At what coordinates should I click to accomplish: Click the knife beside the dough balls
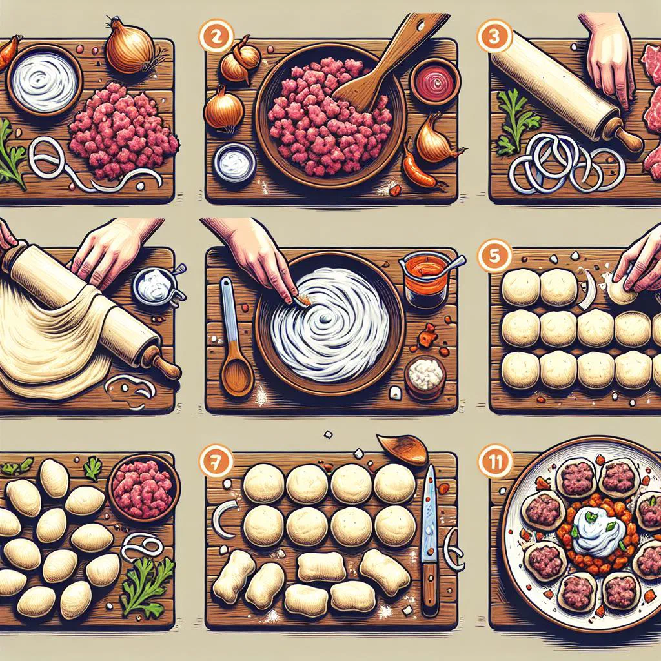[x=429, y=538]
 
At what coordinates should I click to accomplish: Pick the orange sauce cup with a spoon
[x=426, y=278]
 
